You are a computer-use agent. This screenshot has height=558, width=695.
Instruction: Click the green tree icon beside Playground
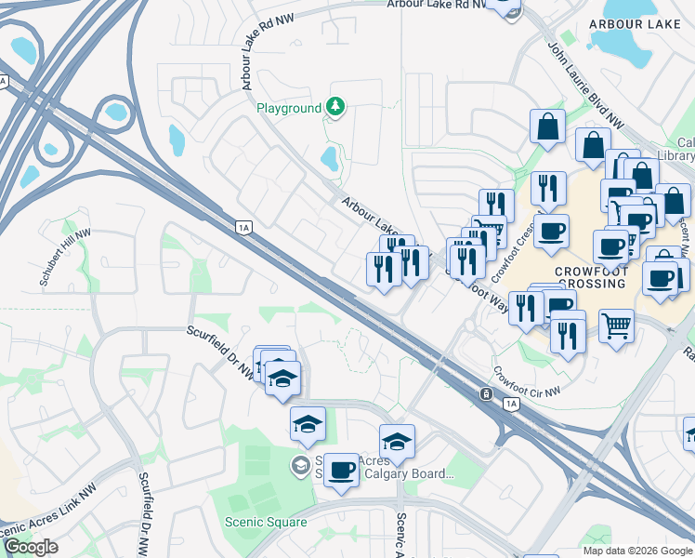(334, 109)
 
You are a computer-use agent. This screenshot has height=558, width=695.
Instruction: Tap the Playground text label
(289, 109)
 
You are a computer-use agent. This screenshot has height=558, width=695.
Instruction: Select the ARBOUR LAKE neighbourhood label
(641, 23)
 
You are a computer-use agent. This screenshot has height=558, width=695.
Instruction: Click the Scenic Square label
(266, 522)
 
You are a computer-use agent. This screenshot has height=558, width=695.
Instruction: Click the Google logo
(31, 547)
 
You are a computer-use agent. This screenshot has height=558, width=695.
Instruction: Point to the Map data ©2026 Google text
(637, 551)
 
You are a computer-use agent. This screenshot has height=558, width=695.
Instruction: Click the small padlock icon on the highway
(486, 394)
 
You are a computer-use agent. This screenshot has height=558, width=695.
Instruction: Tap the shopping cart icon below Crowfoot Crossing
(616, 326)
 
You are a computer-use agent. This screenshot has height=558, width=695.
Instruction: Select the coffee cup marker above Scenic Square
(341, 470)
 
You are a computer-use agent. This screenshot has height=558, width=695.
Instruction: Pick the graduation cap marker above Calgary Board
(397, 442)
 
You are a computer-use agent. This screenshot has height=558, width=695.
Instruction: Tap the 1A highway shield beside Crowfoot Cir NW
(511, 404)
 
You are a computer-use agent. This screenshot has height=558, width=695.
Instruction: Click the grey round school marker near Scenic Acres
(301, 464)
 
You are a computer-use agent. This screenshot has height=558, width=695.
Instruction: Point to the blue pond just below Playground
(329, 157)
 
